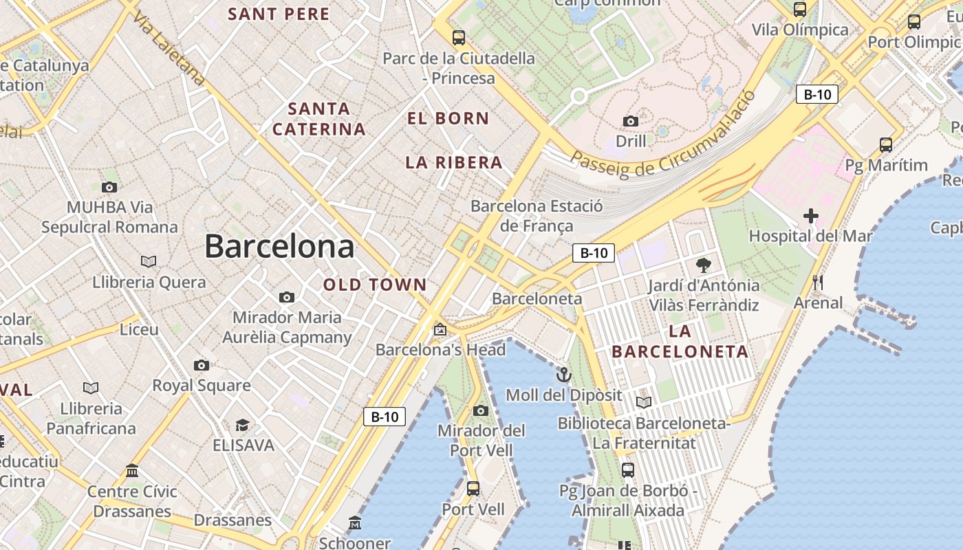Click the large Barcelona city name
pos(279,246)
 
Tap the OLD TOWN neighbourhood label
pos(375,285)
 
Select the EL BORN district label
pos(448,118)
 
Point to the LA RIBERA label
pos(454,163)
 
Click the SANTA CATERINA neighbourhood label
pos(319,119)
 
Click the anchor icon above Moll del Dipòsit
pos(564,375)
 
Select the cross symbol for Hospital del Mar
pos(811,216)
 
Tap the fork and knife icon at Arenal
pos(818,283)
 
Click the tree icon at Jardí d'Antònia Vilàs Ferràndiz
pos(703,265)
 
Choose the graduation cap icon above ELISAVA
pos(242,425)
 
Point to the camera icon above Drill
pos(631,122)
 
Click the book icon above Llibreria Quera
pos(149,261)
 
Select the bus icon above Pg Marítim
pos(886,145)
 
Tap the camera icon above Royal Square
pos(202,365)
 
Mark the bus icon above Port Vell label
pos(473,489)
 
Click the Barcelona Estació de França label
pos(537,216)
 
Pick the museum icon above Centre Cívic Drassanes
pos(132,471)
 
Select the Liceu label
pos(139,329)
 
